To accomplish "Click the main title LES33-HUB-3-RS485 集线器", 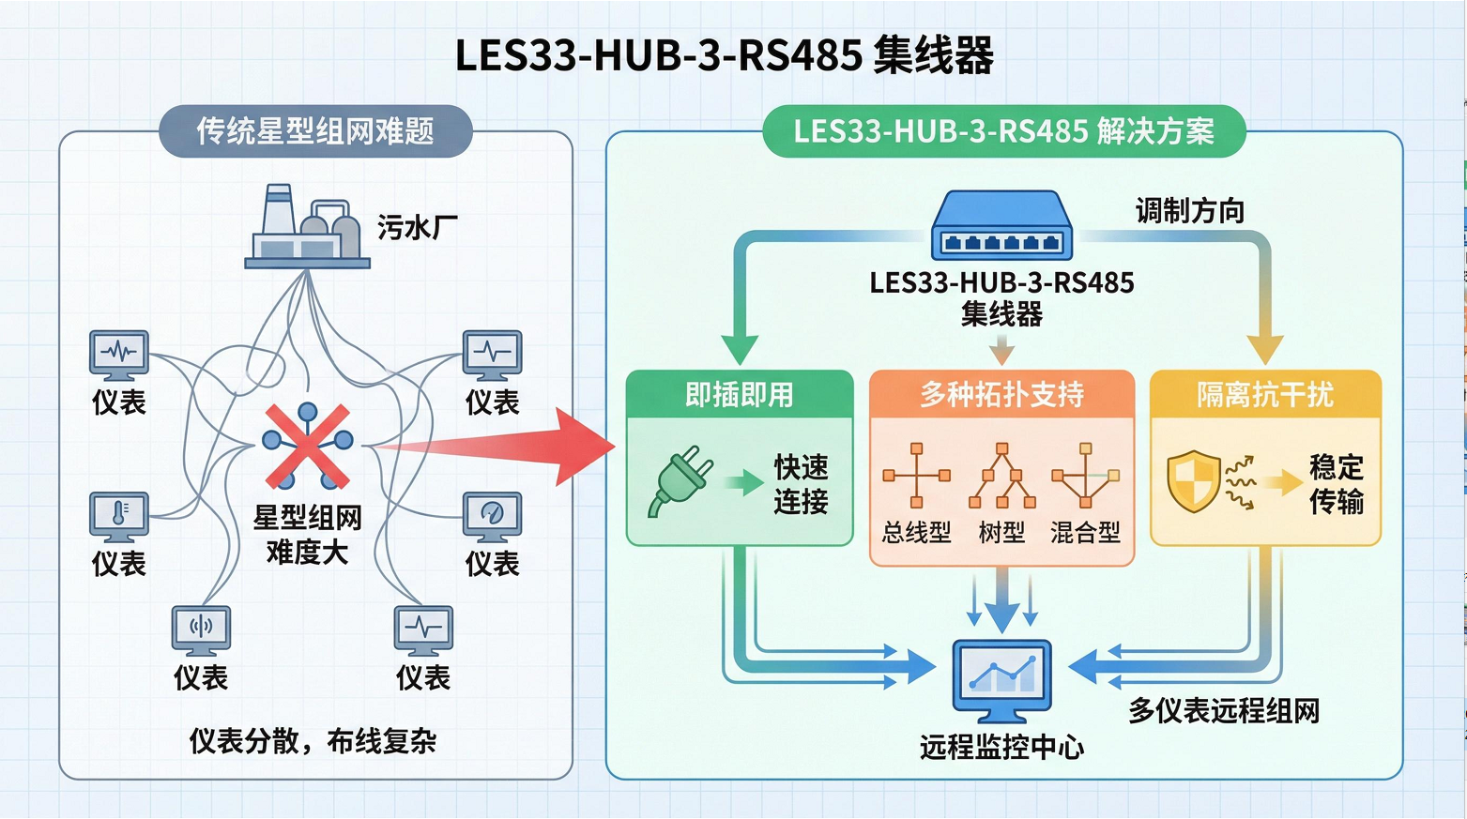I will point(724,55).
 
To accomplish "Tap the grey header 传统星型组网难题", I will point(315,131).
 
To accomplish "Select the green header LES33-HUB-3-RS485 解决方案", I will point(1003,131).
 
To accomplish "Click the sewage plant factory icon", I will point(307,227).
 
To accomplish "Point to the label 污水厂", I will point(418,228).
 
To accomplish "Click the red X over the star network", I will point(307,447).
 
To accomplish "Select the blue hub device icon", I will point(1001,227).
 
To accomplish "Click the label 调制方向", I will point(1189,211).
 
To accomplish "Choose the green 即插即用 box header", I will point(740,395).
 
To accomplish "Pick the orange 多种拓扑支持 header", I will point(1001,395).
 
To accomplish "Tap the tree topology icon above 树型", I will point(1001,476).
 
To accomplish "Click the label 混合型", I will point(1085,533).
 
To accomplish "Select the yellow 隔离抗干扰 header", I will point(1264,395).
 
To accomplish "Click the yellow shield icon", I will point(1193,481).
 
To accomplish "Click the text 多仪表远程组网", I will point(1224,711).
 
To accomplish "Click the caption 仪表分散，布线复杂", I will point(313,741).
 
